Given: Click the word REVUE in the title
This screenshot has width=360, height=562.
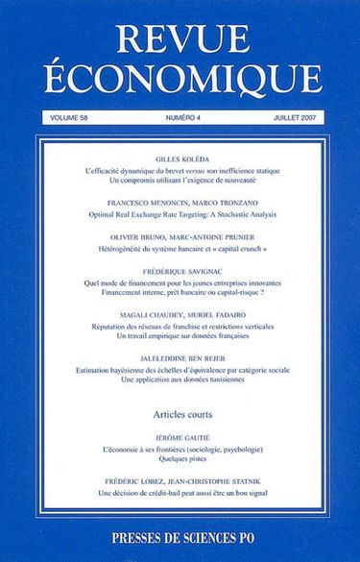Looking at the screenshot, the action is [180, 35].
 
